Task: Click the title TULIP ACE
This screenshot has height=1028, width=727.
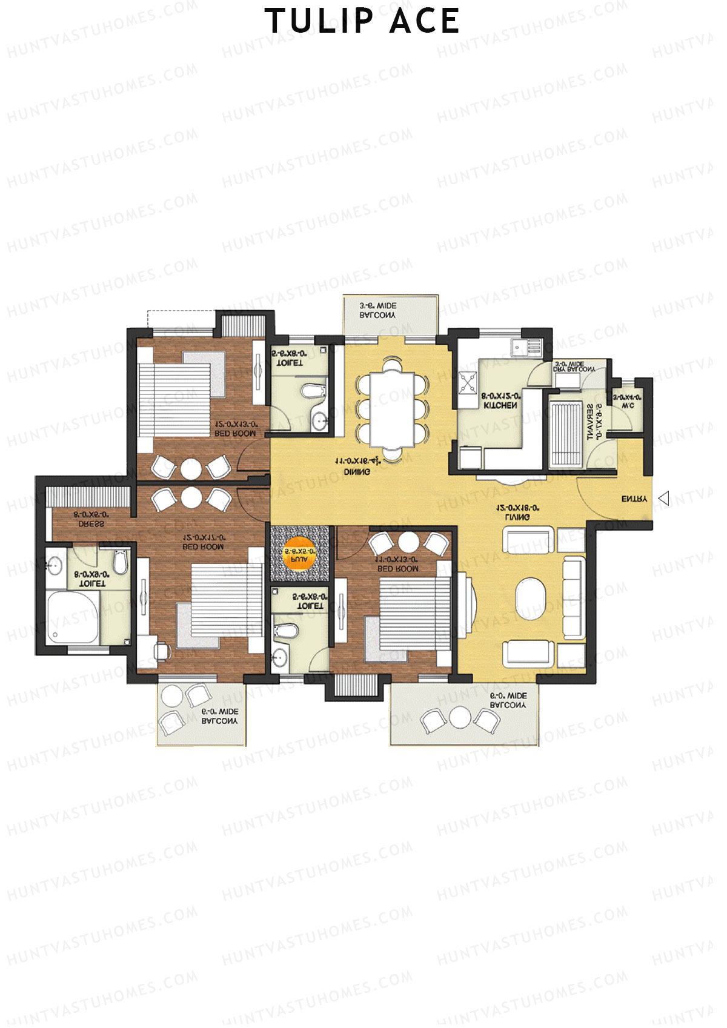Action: (x=362, y=21)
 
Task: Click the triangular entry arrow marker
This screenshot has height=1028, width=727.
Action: (x=664, y=499)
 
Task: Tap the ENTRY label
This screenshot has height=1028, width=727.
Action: (x=634, y=499)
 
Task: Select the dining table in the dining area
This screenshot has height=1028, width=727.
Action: (x=392, y=409)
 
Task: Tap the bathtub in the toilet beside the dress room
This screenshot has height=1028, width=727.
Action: (x=73, y=617)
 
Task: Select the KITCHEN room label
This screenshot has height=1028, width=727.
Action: (x=500, y=405)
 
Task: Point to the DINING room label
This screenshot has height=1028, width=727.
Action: (x=357, y=472)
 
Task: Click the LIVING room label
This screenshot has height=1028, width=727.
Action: (x=517, y=517)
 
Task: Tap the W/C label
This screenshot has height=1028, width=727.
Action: (x=627, y=405)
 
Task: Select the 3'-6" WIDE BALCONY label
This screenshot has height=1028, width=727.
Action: (x=377, y=311)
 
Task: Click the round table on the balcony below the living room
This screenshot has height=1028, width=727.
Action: (x=460, y=717)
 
